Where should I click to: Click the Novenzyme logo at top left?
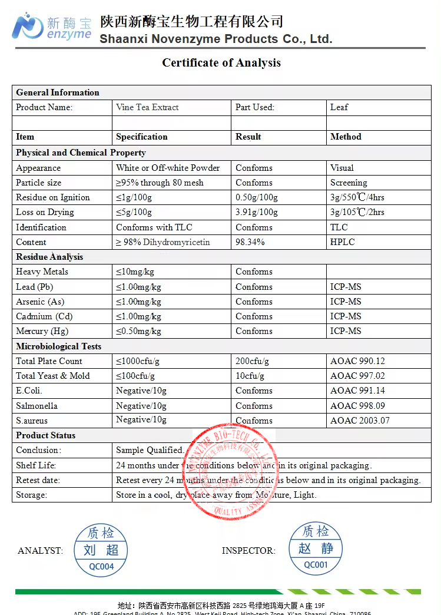coord(52,27)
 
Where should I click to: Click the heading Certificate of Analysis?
coord(221,62)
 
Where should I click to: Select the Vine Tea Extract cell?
coord(147,107)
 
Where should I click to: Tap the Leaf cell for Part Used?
coord(339,107)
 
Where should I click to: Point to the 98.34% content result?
coord(250,242)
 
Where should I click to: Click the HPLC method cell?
coord(342,242)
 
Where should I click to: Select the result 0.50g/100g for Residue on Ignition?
coord(257,197)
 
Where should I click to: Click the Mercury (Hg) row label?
coord(42,331)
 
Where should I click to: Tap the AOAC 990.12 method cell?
coord(357,361)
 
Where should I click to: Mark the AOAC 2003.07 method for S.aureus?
coord(360,421)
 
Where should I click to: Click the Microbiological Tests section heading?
coord(58,346)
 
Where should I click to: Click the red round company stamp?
coord(230,471)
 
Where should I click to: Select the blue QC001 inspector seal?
coord(316,548)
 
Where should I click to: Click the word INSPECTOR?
coord(248,551)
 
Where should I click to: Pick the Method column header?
coord(346,137)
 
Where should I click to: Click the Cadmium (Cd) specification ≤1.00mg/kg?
coord(138,316)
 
